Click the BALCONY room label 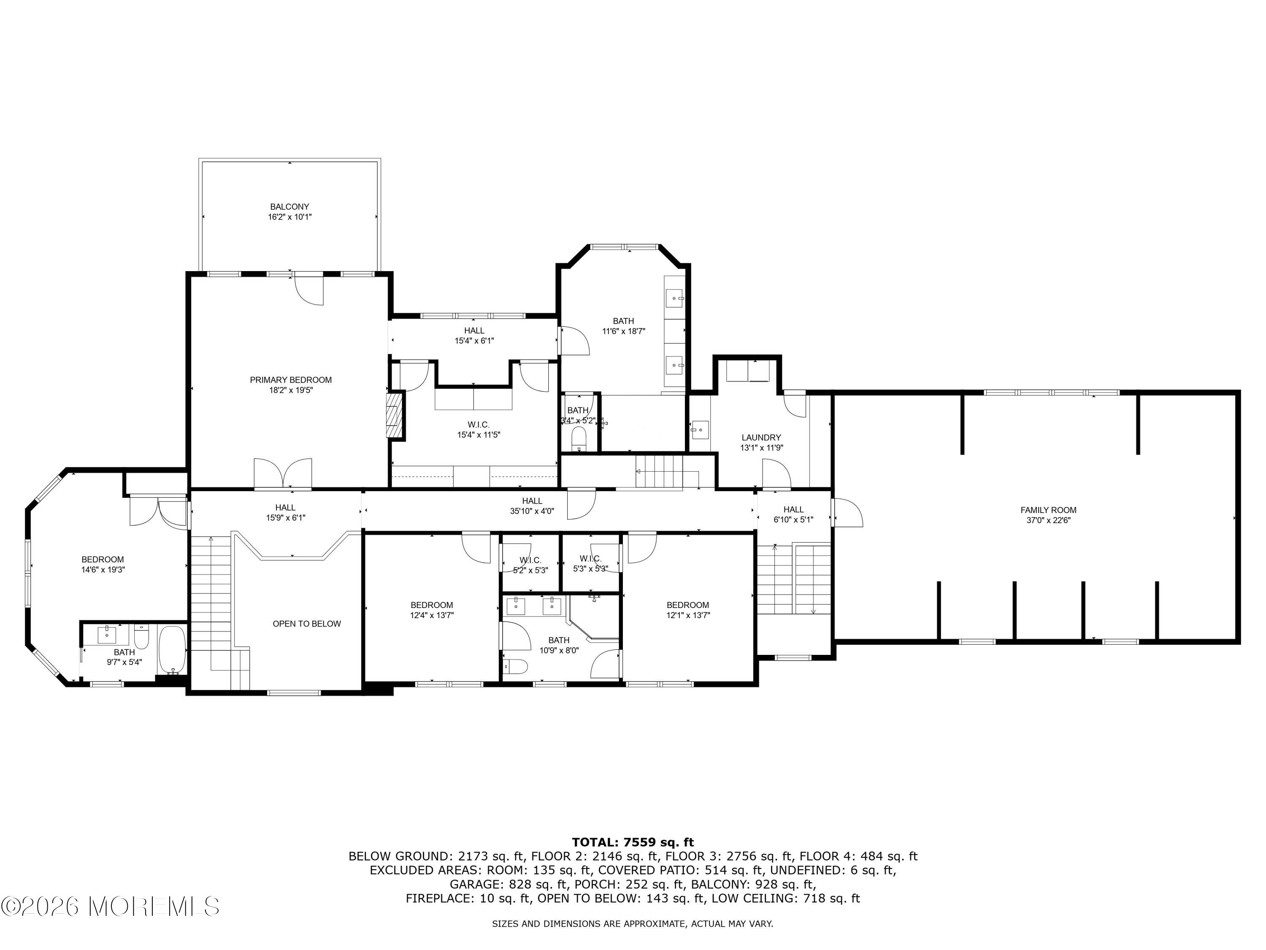tap(289, 207)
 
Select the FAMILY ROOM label tap(1049, 510)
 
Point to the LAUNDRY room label tap(761, 437)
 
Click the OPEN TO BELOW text tap(307, 624)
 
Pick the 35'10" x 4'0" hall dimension tap(532, 511)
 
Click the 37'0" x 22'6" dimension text tap(1049, 521)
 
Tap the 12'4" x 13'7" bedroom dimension tap(432, 616)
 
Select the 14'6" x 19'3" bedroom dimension tap(103, 570)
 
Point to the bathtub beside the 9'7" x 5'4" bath tap(172, 651)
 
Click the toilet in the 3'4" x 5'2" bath tap(579, 439)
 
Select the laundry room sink tap(699, 429)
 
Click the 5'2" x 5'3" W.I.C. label tap(530, 565)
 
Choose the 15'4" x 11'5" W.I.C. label tap(479, 429)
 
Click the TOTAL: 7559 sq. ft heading tap(633, 842)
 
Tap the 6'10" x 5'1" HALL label tap(793, 515)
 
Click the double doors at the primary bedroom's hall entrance tap(283, 474)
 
